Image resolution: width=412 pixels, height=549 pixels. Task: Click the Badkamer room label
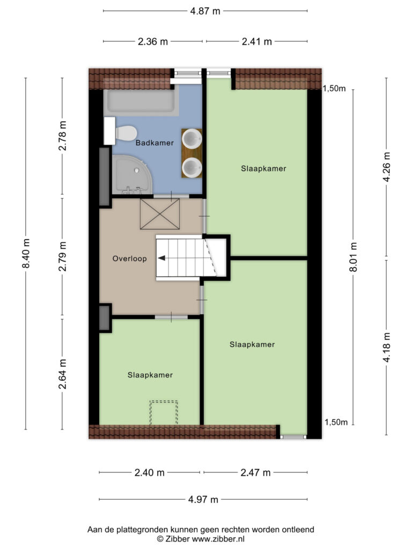click(x=154, y=143)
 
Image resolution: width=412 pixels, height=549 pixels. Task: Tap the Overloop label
click(x=129, y=258)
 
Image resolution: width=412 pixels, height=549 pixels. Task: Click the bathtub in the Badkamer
click(x=141, y=101)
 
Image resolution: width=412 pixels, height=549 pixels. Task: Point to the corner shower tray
click(x=131, y=175)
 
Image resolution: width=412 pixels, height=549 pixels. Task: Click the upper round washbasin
click(x=193, y=138)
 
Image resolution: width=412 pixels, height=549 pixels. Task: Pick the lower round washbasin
click(x=193, y=167)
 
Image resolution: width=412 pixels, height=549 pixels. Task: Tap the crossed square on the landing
click(x=160, y=214)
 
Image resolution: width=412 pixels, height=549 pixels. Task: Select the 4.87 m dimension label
click(x=205, y=11)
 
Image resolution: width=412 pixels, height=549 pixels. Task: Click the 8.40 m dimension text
click(x=26, y=253)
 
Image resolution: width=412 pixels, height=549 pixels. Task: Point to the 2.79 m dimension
click(x=62, y=256)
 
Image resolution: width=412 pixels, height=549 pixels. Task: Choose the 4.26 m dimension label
click(x=386, y=166)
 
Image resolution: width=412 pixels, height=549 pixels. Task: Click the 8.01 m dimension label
click(x=353, y=257)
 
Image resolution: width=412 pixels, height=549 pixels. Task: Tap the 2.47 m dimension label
click(x=255, y=473)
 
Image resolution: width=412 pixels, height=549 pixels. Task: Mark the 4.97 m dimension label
click(x=203, y=499)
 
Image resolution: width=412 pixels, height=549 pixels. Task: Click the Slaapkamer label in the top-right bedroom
click(x=263, y=168)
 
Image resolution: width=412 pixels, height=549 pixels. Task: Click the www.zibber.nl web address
click(x=218, y=539)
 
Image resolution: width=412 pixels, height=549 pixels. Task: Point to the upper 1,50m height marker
click(x=334, y=88)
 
